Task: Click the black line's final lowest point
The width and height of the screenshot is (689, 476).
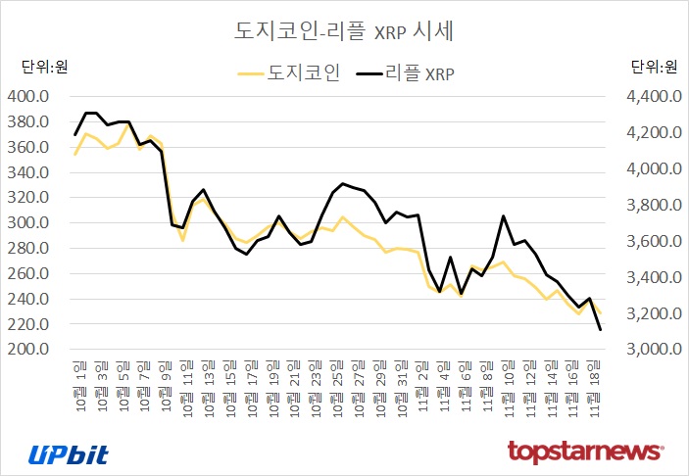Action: [600, 330]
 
